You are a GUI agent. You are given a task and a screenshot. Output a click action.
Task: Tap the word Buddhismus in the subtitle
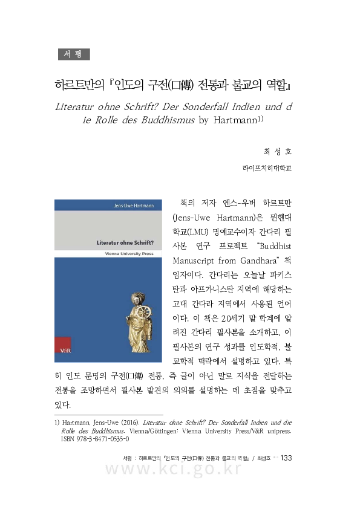pyautogui.click(x=165, y=120)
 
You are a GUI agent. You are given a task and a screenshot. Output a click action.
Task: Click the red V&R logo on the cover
pyautogui.click(x=63, y=349)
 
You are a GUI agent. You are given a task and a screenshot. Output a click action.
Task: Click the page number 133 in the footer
pyautogui.click(x=286, y=458)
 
